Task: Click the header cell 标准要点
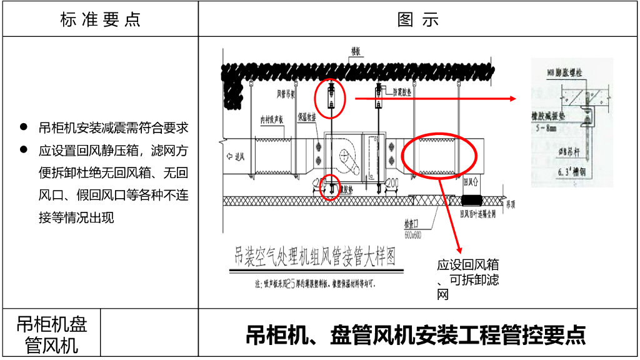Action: (x=100, y=19)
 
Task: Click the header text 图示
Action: (x=418, y=19)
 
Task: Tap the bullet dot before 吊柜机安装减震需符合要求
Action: (x=24, y=127)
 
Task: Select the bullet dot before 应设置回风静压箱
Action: (x=24, y=150)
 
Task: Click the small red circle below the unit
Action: (x=330, y=187)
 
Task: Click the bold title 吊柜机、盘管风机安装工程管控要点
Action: (x=416, y=335)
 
